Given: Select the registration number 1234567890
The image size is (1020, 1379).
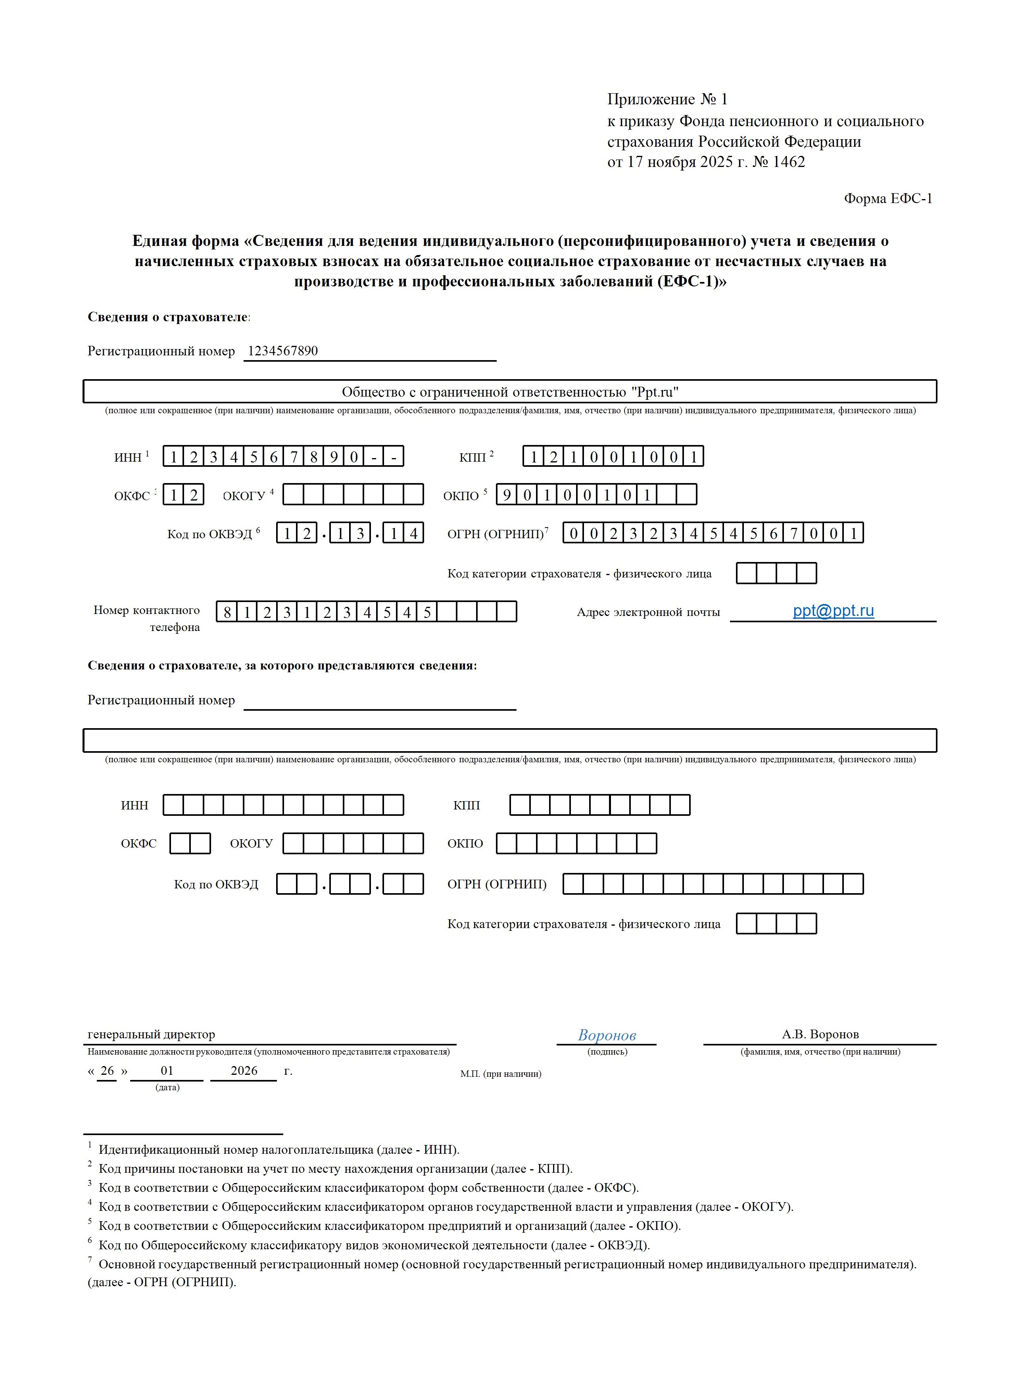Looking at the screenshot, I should (283, 351).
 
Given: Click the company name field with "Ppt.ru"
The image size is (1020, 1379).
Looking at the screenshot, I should (510, 392).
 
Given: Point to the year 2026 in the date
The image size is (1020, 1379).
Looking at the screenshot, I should (244, 1071).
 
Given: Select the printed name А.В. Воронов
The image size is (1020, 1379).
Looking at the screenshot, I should (820, 1035).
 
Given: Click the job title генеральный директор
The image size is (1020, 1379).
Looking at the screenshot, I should (151, 1035).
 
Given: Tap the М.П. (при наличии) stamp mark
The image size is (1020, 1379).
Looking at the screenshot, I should (500, 1074).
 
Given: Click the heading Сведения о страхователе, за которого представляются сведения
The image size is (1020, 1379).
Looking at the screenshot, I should (282, 666).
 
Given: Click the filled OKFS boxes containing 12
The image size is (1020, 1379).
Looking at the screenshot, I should (183, 495).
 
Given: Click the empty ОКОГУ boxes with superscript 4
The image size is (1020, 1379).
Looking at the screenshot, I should (353, 495).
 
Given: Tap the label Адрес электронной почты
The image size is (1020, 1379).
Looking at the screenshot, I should (648, 612).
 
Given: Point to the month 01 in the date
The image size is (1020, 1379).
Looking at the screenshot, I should (167, 1071).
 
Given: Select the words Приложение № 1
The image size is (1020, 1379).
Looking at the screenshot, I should (667, 100).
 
